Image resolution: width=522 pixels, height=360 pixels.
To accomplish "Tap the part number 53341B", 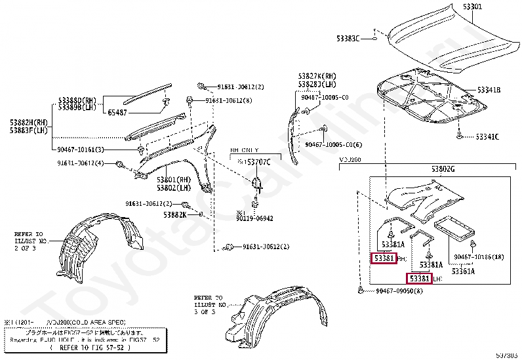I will (x=489, y=90).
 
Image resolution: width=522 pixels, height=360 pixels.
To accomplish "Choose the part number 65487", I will (x=119, y=113).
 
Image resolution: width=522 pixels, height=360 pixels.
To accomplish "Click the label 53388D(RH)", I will (x=77, y=100).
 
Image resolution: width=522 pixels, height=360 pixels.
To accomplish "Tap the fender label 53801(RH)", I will (x=173, y=180).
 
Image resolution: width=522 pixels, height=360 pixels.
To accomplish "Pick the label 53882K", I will (x=174, y=214).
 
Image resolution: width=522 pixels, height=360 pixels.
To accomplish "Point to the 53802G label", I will (x=443, y=169).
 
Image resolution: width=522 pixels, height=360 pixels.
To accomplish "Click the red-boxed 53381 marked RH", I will (x=384, y=259).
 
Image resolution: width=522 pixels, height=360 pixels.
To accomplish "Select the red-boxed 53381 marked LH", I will (x=420, y=279).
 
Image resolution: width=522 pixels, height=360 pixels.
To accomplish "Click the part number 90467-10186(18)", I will (x=479, y=257).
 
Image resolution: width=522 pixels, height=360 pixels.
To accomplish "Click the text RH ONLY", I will (x=244, y=150).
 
